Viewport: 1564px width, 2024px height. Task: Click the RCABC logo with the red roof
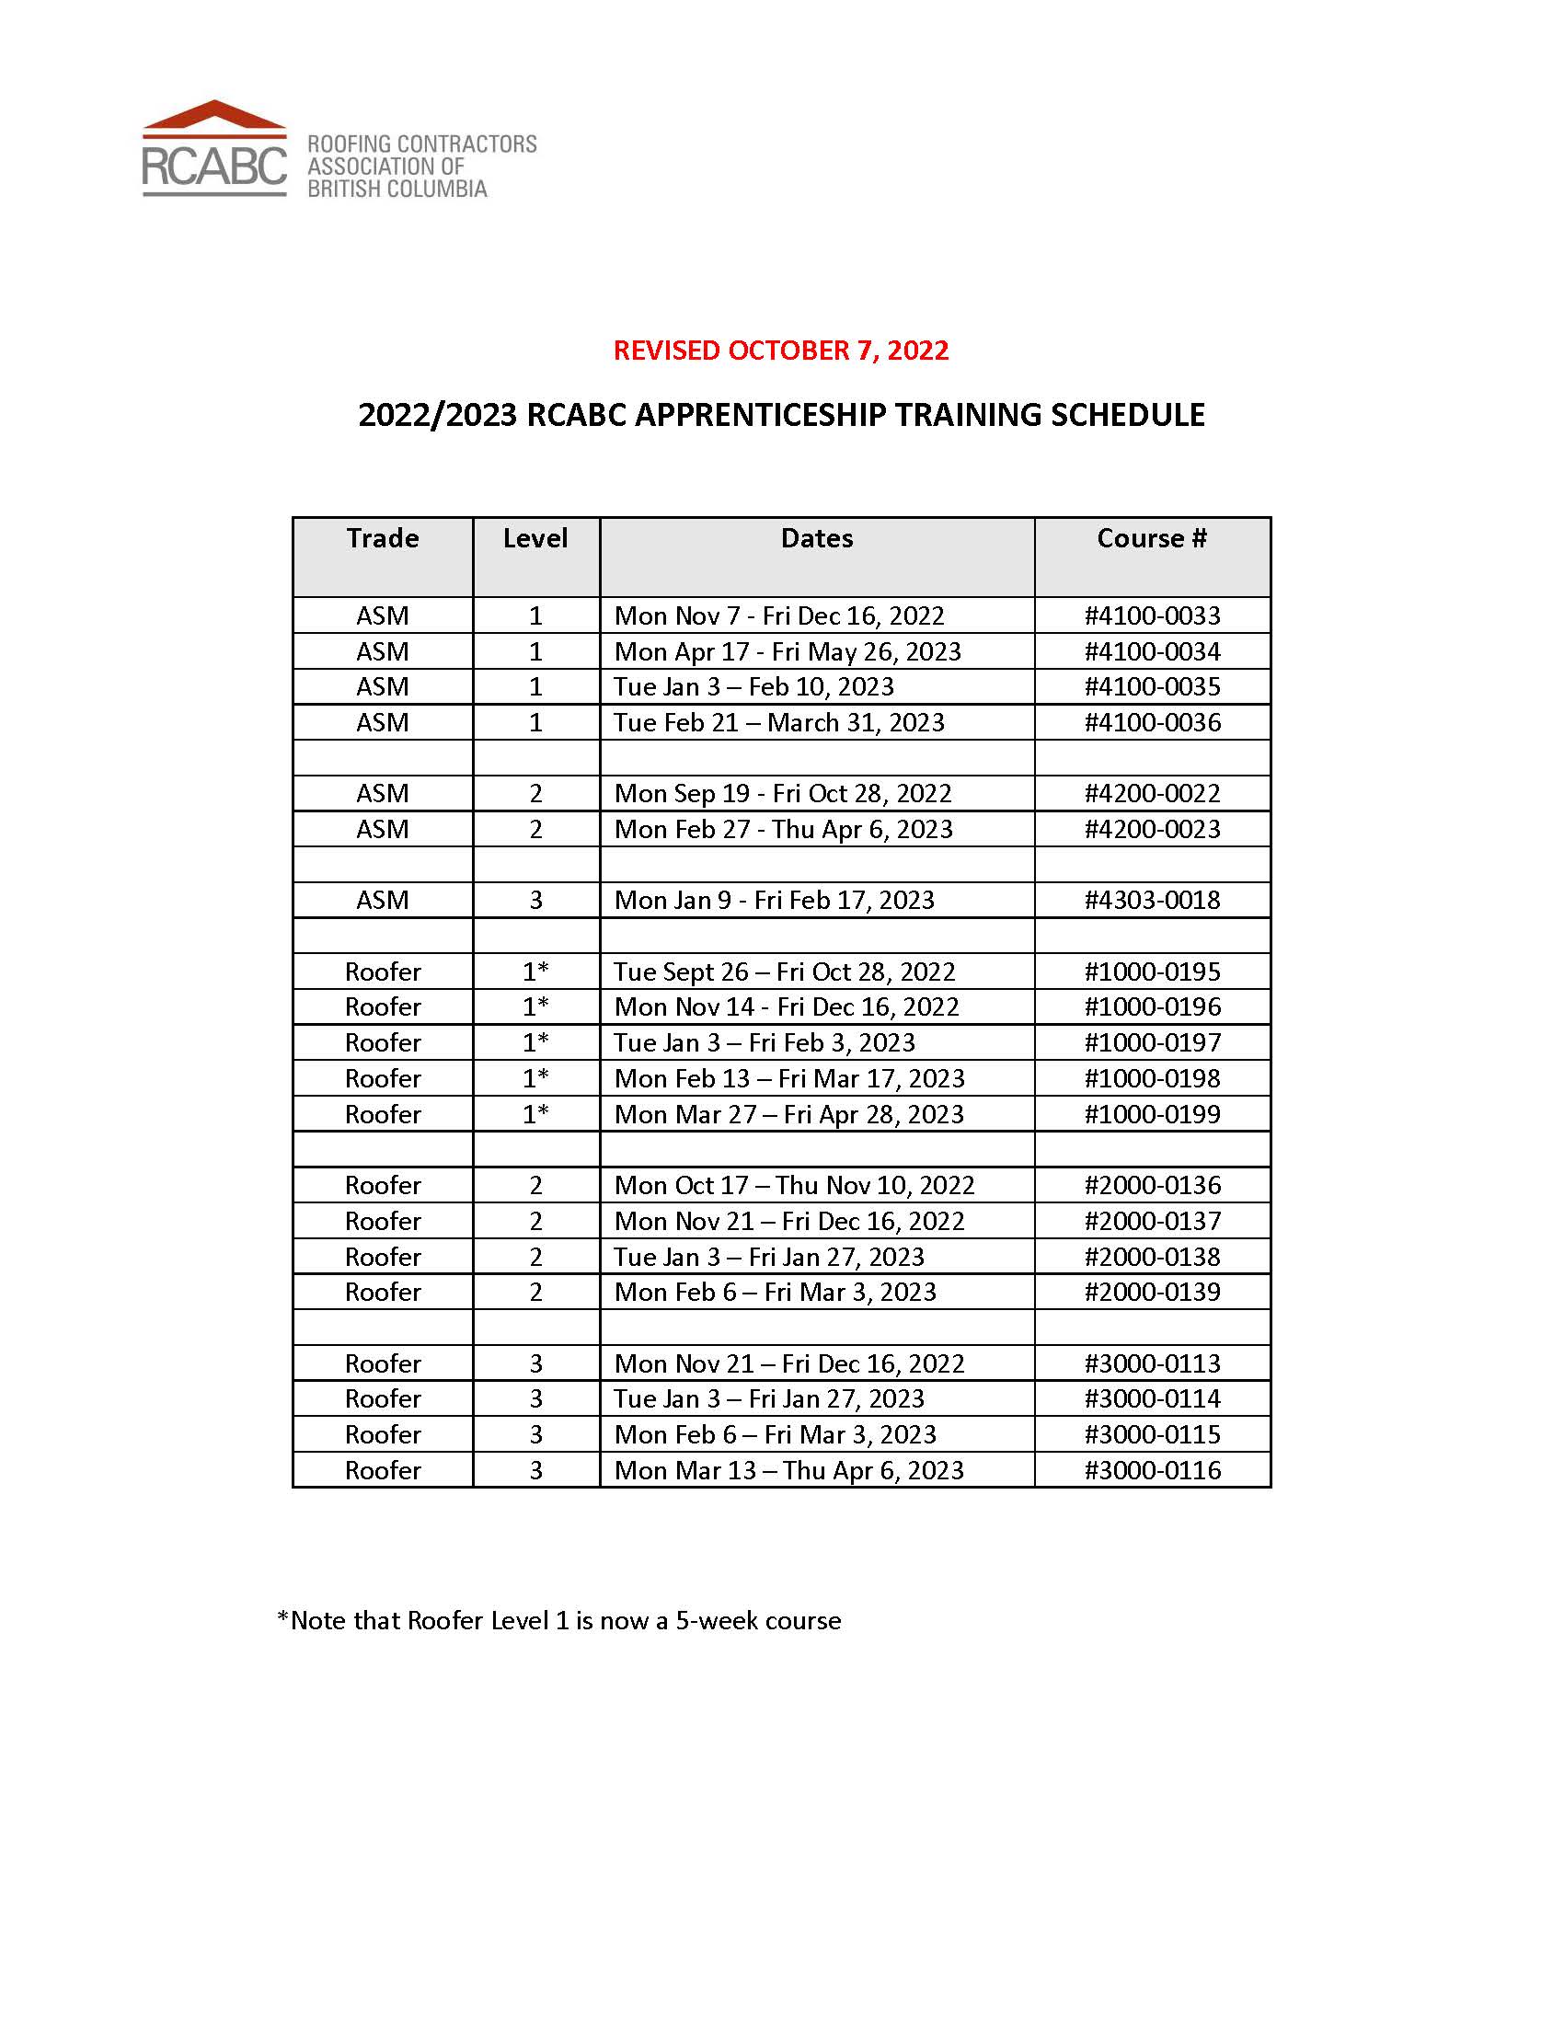coord(215,149)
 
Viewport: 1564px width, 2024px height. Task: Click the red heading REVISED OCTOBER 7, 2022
coord(781,351)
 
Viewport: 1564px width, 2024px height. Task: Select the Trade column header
coord(383,538)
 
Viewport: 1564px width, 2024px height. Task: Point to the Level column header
coord(535,538)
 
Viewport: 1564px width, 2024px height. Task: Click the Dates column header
coord(816,538)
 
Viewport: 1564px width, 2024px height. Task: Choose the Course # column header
coord(1152,538)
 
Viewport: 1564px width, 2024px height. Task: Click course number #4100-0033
coord(1153,615)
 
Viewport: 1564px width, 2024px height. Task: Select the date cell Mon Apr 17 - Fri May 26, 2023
coord(788,651)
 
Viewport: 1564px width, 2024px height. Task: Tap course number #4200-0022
coord(1153,793)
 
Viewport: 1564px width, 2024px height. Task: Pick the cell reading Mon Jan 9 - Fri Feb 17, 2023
coord(775,900)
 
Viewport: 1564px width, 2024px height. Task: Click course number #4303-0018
coord(1153,900)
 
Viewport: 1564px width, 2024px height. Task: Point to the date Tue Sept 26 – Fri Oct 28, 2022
coord(784,972)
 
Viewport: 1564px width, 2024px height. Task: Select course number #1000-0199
coord(1153,1114)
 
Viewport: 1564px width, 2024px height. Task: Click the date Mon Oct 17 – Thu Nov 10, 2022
coord(794,1185)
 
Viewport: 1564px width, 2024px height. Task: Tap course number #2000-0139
coord(1153,1292)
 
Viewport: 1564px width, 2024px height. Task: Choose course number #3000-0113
coord(1153,1363)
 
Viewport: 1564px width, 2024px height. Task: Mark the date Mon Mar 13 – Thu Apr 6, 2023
coord(788,1471)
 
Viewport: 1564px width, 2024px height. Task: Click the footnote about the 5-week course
coord(559,1620)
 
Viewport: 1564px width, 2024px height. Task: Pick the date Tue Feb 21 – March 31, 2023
coord(778,723)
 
